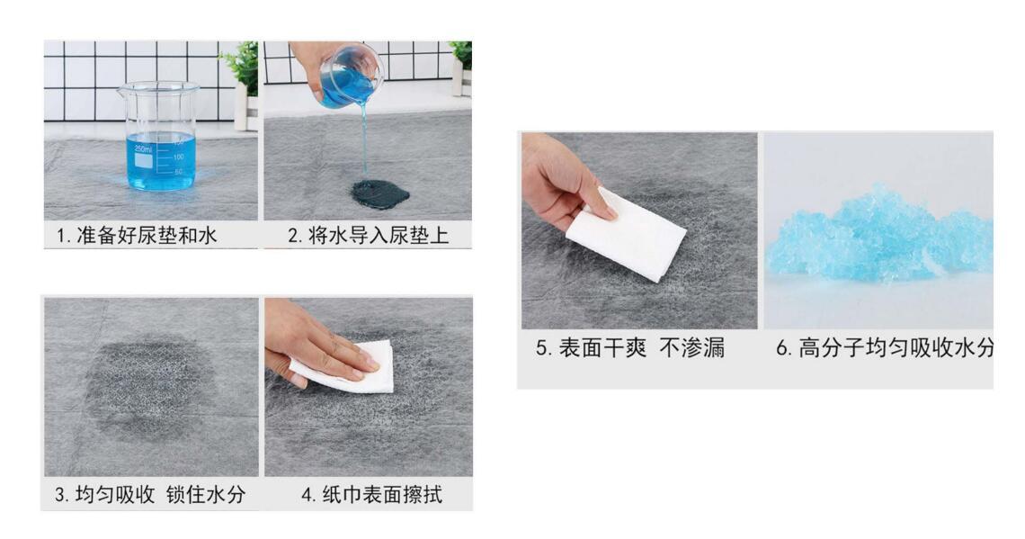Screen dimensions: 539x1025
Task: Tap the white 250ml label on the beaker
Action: pos(144,159)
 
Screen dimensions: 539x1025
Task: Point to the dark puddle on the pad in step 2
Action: pos(379,193)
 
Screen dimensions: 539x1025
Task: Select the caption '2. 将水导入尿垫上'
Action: pos(368,236)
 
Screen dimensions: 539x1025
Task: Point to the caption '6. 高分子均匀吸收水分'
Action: pos(885,348)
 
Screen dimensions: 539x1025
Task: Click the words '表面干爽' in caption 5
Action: pos(602,348)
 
